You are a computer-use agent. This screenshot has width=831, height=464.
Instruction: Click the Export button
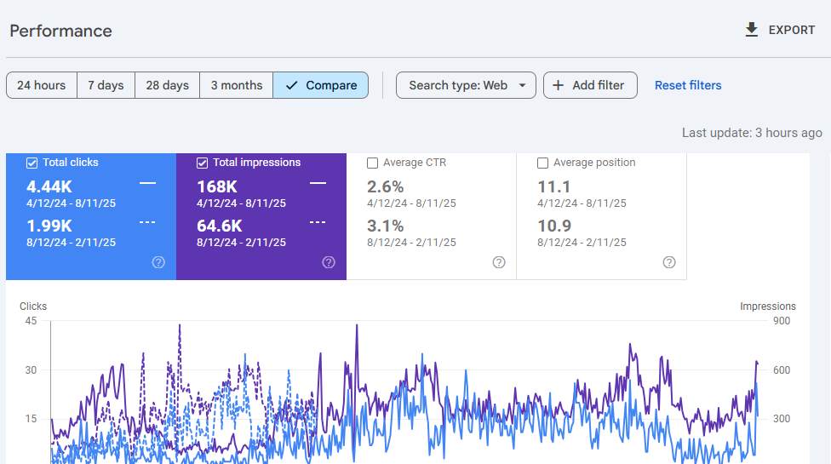click(x=780, y=30)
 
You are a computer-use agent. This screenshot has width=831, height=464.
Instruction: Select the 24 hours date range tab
click(x=42, y=85)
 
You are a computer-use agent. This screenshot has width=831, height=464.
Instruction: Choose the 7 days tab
click(x=106, y=85)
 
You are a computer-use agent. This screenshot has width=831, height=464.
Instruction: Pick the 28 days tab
click(x=167, y=85)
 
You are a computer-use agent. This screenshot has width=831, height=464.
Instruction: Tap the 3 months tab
click(x=236, y=85)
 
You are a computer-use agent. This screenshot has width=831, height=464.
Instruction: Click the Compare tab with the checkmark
click(x=321, y=85)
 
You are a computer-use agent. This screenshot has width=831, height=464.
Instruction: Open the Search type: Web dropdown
click(x=466, y=85)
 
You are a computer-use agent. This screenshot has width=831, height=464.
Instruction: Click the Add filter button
click(x=589, y=85)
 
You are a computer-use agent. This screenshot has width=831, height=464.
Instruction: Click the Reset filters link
click(x=688, y=85)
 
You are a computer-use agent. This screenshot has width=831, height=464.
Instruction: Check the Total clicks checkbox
click(x=32, y=163)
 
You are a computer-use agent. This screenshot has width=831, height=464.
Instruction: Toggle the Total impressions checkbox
click(x=203, y=163)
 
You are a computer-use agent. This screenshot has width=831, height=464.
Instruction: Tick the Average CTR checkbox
click(x=372, y=163)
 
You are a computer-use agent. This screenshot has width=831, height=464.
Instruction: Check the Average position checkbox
click(x=542, y=163)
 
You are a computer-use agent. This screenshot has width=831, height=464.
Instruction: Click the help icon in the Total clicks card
click(x=158, y=262)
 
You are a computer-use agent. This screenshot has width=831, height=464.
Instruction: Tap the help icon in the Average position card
click(x=669, y=262)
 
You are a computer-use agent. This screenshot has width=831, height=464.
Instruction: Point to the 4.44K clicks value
click(x=49, y=186)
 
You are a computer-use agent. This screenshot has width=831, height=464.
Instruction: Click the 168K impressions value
click(x=217, y=186)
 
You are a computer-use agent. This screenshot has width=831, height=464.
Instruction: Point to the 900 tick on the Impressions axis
click(x=781, y=321)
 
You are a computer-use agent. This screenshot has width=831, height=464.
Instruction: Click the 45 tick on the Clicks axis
click(x=31, y=321)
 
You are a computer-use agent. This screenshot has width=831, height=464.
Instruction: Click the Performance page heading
click(x=60, y=31)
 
